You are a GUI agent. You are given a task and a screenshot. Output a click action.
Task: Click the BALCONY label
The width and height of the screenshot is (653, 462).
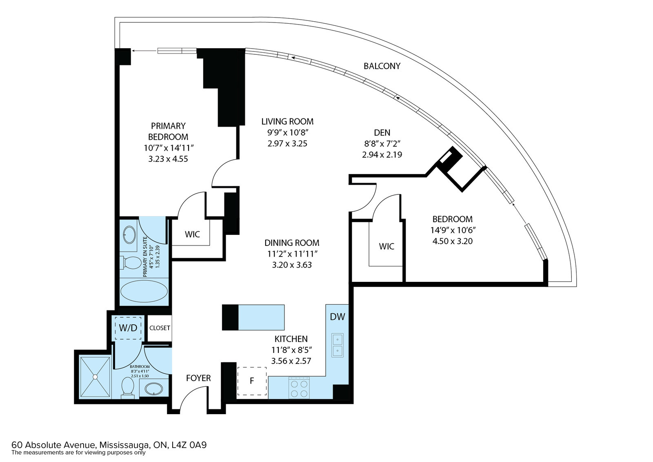(x=382, y=66)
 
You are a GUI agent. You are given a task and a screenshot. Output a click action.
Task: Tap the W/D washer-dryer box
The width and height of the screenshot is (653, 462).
(x=128, y=328)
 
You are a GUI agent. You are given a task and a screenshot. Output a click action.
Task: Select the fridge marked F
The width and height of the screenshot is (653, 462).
(x=252, y=381)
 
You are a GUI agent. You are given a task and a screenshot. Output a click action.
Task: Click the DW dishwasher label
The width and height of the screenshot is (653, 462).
(x=337, y=317)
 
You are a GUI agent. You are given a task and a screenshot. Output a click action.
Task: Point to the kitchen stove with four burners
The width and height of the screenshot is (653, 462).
(x=299, y=388)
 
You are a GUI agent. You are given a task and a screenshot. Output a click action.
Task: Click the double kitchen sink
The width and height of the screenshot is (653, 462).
(x=337, y=345)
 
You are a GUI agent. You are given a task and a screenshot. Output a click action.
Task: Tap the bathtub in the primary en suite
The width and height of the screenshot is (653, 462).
(x=144, y=292)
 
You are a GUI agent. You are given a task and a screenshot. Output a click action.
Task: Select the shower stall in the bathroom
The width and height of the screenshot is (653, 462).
(x=95, y=377)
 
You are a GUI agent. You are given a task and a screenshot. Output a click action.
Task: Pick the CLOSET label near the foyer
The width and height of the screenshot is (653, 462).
(x=160, y=328)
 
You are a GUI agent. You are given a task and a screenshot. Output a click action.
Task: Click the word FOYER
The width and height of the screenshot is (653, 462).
(x=198, y=378)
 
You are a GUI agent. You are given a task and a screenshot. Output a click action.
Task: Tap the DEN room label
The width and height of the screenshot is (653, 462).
(x=382, y=132)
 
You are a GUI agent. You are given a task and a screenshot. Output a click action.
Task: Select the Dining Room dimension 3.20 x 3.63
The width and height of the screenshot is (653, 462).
(x=292, y=265)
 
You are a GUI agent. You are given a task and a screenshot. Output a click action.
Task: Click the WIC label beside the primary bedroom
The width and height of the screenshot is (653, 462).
(x=192, y=234)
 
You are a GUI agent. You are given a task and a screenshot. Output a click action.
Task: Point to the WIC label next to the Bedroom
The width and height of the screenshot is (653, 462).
(x=386, y=246)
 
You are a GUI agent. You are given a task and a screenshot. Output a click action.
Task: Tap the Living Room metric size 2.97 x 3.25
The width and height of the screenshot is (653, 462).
(x=287, y=143)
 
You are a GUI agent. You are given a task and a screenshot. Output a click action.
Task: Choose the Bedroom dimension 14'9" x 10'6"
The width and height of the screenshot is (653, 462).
(x=453, y=230)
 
